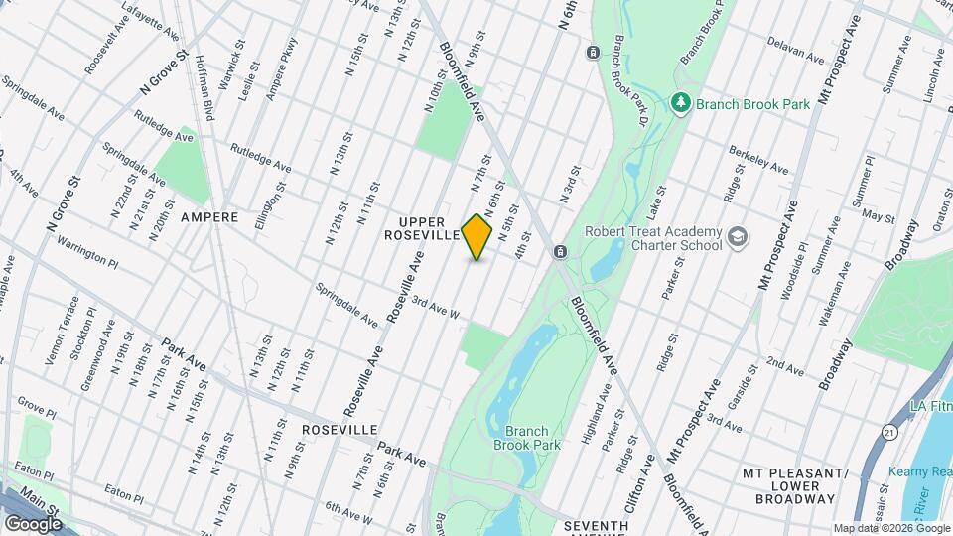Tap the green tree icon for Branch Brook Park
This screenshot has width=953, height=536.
680,101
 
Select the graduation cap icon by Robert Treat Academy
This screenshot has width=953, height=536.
737,236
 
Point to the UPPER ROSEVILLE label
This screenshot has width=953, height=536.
424,228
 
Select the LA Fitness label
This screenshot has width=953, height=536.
931,408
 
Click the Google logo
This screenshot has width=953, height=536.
33,523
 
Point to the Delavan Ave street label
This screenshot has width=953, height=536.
796,51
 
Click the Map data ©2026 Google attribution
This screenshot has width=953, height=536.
890,528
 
